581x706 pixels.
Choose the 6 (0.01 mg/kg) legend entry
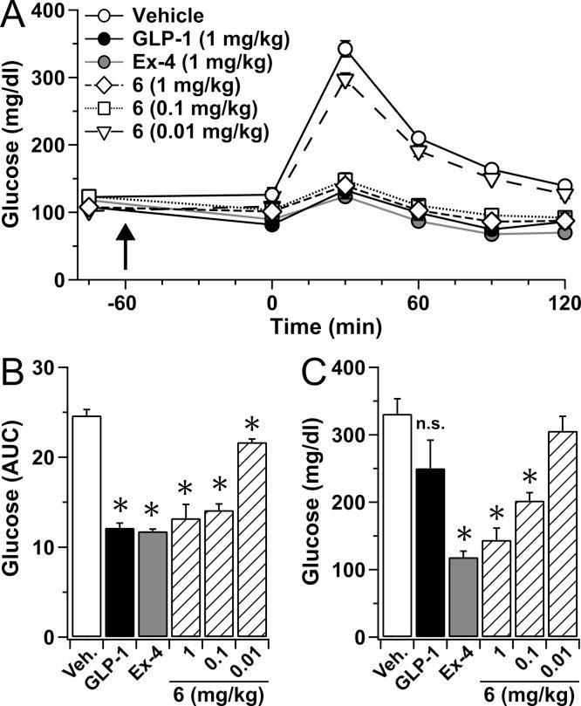pyautogui.click(x=174, y=132)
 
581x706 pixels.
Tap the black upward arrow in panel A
pyautogui.click(x=126, y=245)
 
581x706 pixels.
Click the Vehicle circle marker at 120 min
pyautogui.click(x=565, y=187)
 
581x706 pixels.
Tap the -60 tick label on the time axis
pyautogui.click(x=126, y=303)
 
